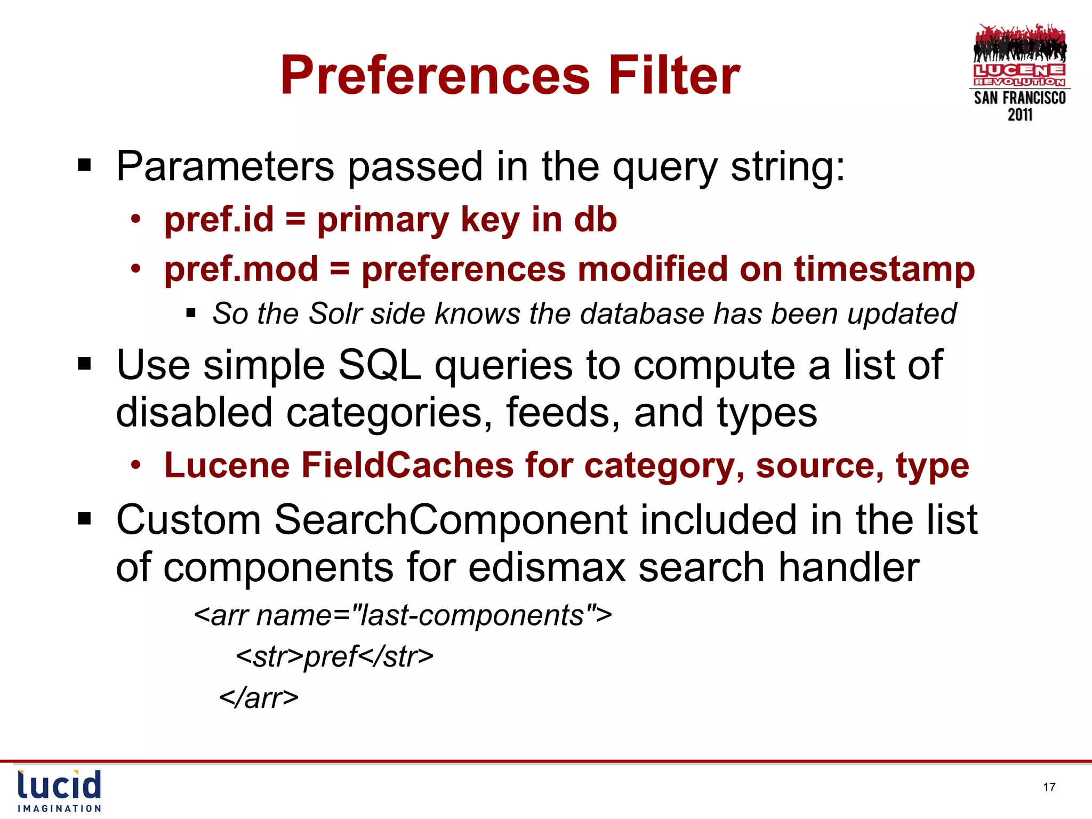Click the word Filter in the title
click(x=674, y=76)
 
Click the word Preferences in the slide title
click(x=435, y=76)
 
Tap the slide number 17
click(x=1049, y=787)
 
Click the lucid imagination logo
click(x=59, y=791)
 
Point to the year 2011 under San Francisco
click(x=1019, y=115)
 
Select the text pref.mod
click(x=241, y=269)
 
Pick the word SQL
click(x=379, y=366)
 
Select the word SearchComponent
click(x=451, y=520)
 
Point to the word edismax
click(x=547, y=567)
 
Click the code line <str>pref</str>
click(x=334, y=656)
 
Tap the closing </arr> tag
click(x=259, y=697)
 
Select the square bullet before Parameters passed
click(x=84, y=165)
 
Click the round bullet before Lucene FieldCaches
click(x=136, y=465)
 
